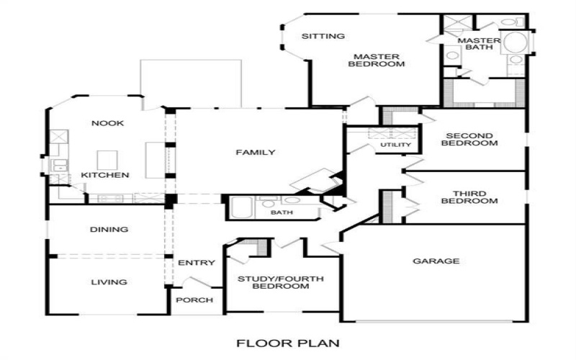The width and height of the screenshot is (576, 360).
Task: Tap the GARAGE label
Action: [x=436, y=261]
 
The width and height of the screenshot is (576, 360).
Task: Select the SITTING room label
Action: [x=323, y=36]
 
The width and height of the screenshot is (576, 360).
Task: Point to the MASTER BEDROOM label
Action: [x=376, y=60]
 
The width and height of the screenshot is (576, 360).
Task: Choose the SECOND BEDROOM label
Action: [x=469, y=139]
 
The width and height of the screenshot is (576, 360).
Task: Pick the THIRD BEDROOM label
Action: [x=469, y=197]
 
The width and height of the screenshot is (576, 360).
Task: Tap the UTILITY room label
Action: [x=395, y=145]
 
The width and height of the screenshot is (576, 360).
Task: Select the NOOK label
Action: [x=107, y=123]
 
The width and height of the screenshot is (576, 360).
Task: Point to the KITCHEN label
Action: [x=105, y=175]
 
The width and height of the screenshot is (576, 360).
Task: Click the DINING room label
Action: [x=109, y=230]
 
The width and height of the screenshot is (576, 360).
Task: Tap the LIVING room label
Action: [x=109, y=282]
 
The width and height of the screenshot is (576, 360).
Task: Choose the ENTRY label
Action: [x=196, y=263]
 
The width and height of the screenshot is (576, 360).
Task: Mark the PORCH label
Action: [x=195, y=300]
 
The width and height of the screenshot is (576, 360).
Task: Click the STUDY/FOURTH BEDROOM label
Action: [x=281, y=282]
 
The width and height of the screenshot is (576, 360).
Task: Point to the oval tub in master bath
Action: [x=514, y=42]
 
